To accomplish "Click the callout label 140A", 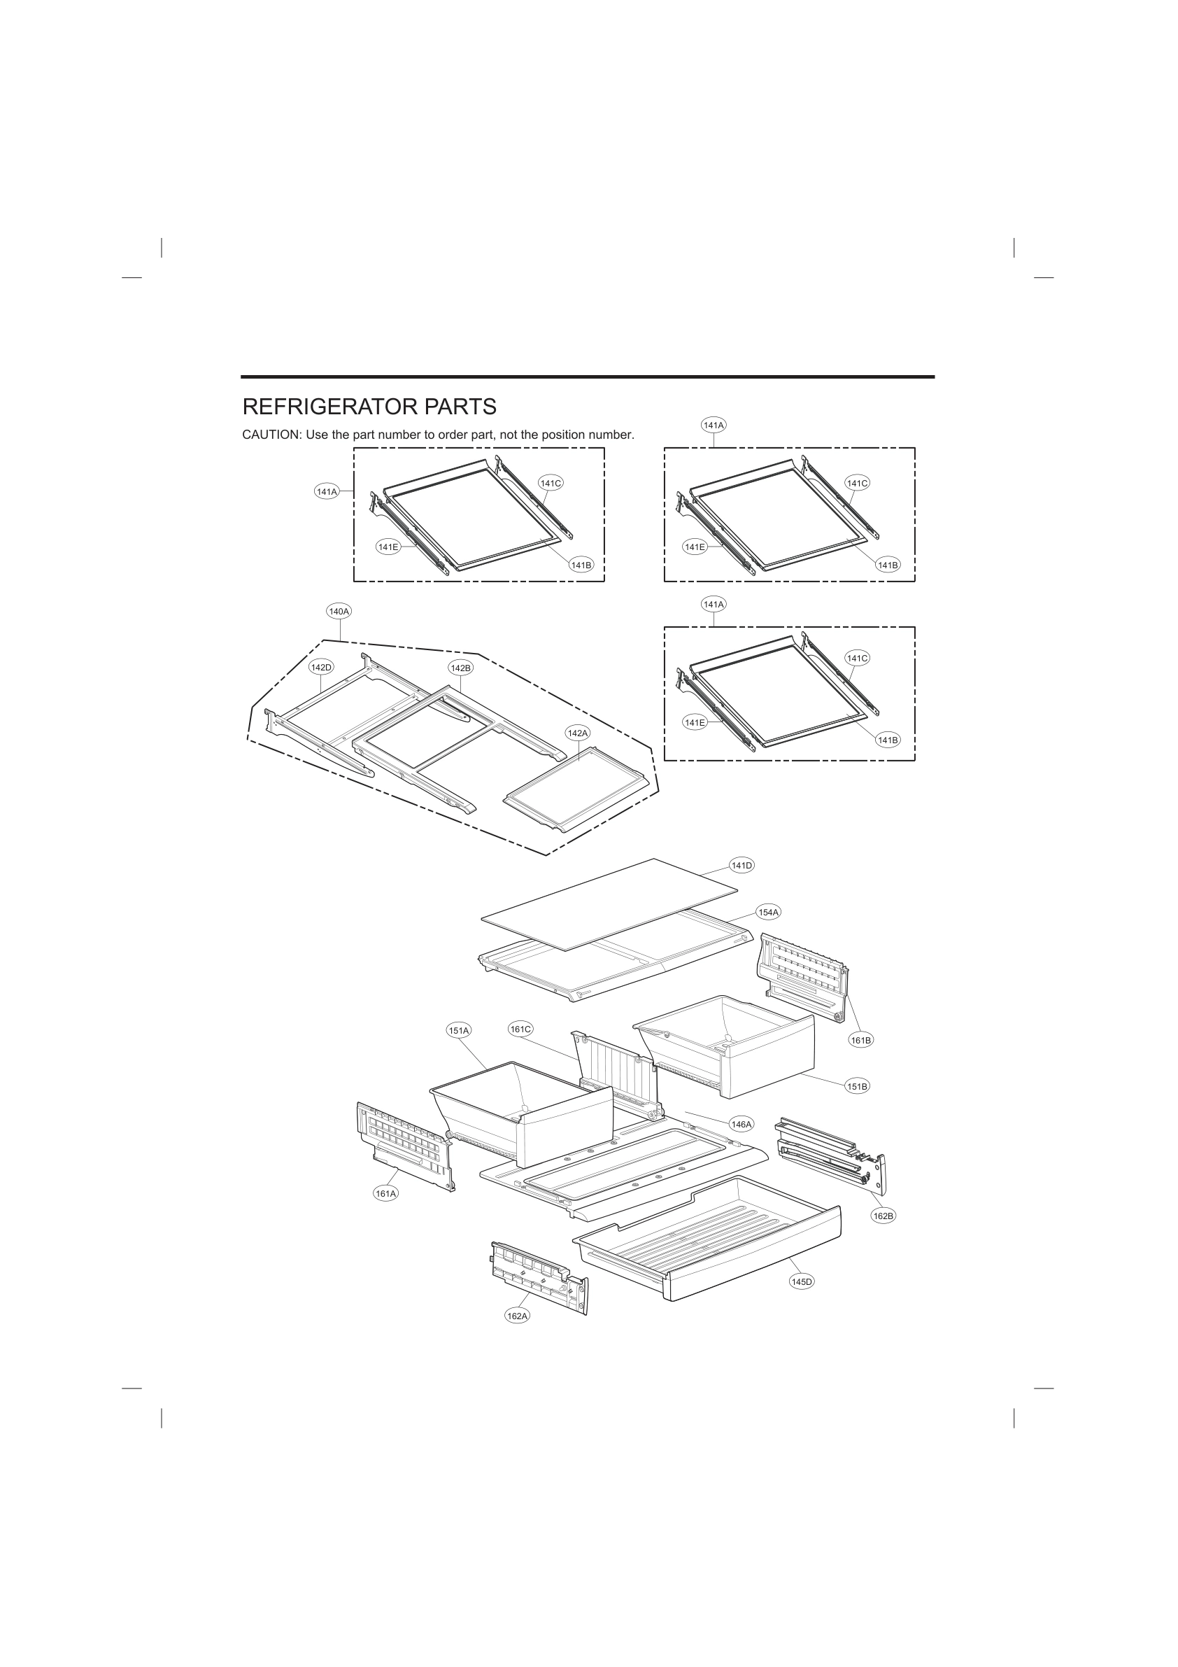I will [339, 612].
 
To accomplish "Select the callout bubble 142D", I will [321, 667].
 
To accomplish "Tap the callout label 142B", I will [461, 667].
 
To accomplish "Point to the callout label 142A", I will [578, 733].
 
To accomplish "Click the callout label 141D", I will [741, 865].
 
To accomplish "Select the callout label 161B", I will [861, 1040].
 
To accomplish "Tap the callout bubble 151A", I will [459, 1029].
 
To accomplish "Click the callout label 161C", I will [520, 1029].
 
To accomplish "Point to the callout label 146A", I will [741, 1124].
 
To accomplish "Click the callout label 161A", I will [386, 1193].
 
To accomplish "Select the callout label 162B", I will [883, 1216].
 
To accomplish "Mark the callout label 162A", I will [518, 1316].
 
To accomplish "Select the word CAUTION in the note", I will [271, 435].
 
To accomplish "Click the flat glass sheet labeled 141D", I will [610, 904].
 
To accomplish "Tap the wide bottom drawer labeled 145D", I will [711, 1242].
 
